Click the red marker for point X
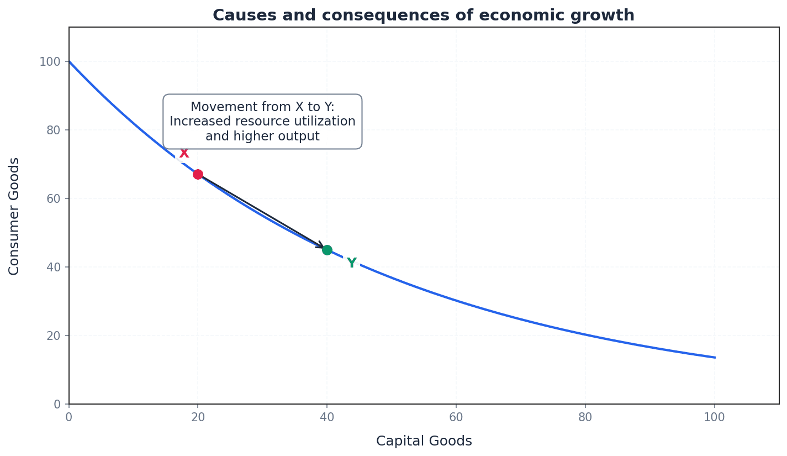click(198, 174)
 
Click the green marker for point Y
click(327, 250)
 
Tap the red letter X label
click(184, 154)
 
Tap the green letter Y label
click(352, 263)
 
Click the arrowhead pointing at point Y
click(320, 245)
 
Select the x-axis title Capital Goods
click(424, 441)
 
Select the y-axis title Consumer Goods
click(14, 216)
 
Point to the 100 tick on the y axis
click(49, 61)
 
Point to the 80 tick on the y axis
click(52, 130)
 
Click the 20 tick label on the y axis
click(52, 336)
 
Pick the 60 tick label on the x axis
click(456, 417)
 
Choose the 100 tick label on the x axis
click(714, 417)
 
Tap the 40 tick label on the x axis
click(327, 417)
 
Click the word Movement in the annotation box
click(218, 107)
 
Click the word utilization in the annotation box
click(326, 122)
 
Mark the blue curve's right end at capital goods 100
click(715, 357)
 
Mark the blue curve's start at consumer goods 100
click(70, 61)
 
